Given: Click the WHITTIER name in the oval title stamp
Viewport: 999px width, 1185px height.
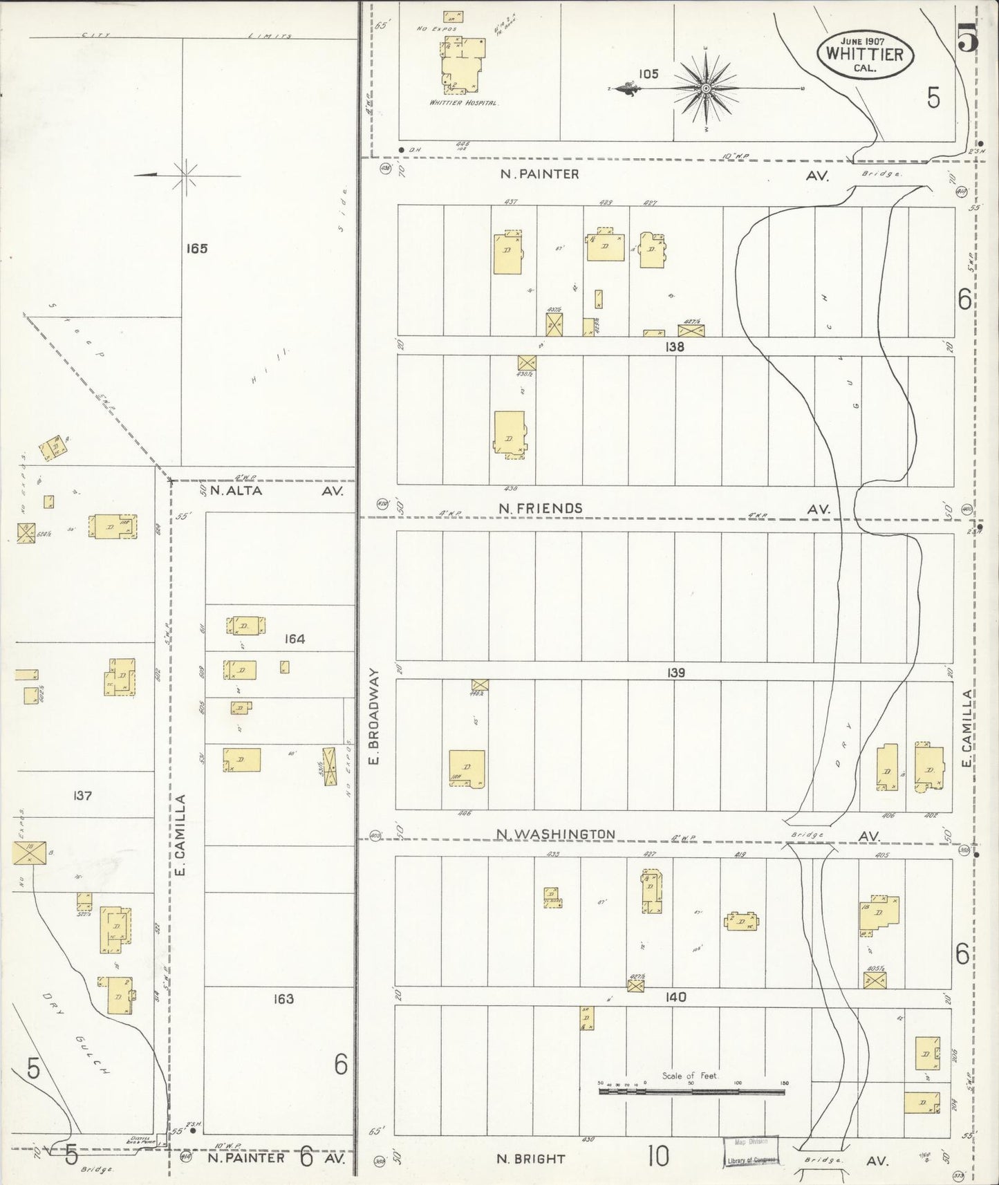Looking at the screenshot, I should point(866,54).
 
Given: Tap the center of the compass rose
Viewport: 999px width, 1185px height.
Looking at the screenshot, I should point(706,89).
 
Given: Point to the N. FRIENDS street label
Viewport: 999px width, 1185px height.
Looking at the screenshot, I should point(541,508).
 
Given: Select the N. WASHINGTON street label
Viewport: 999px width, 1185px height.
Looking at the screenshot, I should point(556,834).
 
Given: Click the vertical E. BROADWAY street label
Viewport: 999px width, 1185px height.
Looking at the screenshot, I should point(374,716).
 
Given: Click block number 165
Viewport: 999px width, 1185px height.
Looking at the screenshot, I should point(197,249).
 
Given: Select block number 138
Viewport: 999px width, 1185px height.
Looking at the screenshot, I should point(674,347).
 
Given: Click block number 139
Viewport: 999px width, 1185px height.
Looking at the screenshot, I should point(676,673).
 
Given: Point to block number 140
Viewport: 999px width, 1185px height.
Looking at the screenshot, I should point(675,997).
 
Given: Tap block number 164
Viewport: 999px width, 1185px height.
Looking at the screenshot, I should point(295,639).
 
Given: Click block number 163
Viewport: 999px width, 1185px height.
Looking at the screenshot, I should point(283,998).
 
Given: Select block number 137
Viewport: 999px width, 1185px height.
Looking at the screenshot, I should point(82,796).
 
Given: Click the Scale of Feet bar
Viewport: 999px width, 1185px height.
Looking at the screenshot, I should point(691,1092).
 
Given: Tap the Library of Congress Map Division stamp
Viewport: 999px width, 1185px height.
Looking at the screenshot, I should point(751,1152).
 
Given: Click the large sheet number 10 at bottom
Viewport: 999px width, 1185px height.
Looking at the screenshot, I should point(658,1155).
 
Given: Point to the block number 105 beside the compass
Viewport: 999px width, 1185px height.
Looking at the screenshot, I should point(648,74).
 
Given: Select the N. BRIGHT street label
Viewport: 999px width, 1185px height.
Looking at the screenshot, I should point(531,1159).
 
